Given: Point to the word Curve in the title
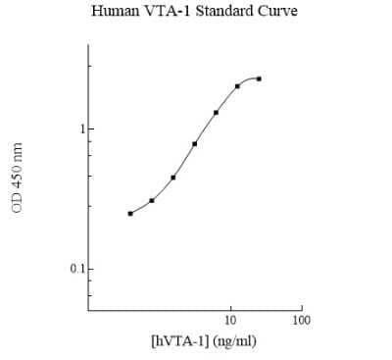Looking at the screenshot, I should pos(278,13).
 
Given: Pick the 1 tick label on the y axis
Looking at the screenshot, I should pos(80,129).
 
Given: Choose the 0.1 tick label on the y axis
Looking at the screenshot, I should pos(75,269).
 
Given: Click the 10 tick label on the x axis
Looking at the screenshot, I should pos(230,321).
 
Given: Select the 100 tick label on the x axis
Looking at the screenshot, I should pos(302,321).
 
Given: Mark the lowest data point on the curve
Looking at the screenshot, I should pos(130,213).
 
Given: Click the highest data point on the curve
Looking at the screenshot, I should pos(259,78).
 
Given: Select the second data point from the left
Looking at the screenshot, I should pos(152,200).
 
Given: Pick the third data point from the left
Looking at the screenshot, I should pos(173,178).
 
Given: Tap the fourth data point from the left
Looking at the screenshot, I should pos(195,144).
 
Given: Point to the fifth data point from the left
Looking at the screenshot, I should pos(216,112).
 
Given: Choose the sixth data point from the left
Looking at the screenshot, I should pos(237,86).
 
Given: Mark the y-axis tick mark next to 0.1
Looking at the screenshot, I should pos(89,269).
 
